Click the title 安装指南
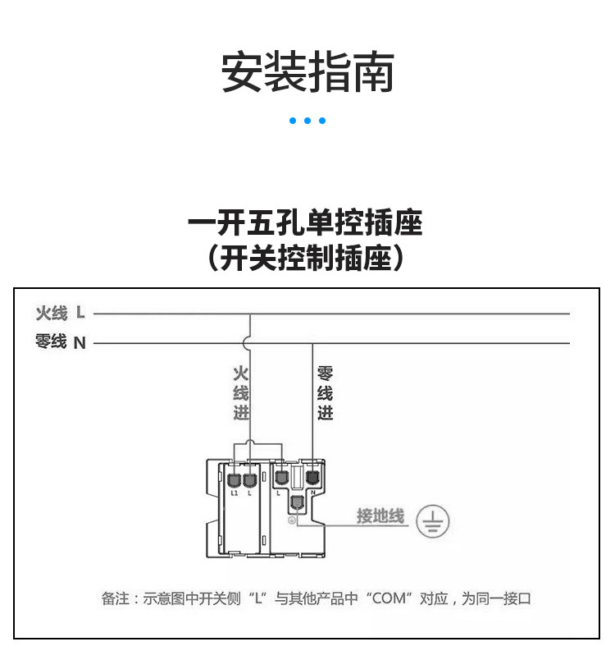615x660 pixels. pyautogui.click(x=307, y=72)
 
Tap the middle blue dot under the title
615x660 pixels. pyautogui.click(x=307, y=121)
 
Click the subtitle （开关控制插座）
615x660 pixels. pyautogui.click(x=305, y=259)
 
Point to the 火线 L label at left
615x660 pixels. pyautogui.click(x=60, y=313)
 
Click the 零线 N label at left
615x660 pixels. pyautogui.click(x=60, y=342)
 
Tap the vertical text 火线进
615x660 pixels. pyautogui.click(x=240, y=393)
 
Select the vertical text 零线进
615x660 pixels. pyautogui.click(x=326, y=393)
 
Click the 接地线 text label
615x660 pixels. pyautogui.click(x=380, y=516)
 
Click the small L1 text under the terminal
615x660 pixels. pyautogui.click(x=234, y=494)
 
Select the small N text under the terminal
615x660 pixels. pyautogui.click(x=313, y=492)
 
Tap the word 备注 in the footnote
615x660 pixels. pyautogui.click(x=114, y=598)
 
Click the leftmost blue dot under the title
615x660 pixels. pyautogui.click(x=293, y=121)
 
